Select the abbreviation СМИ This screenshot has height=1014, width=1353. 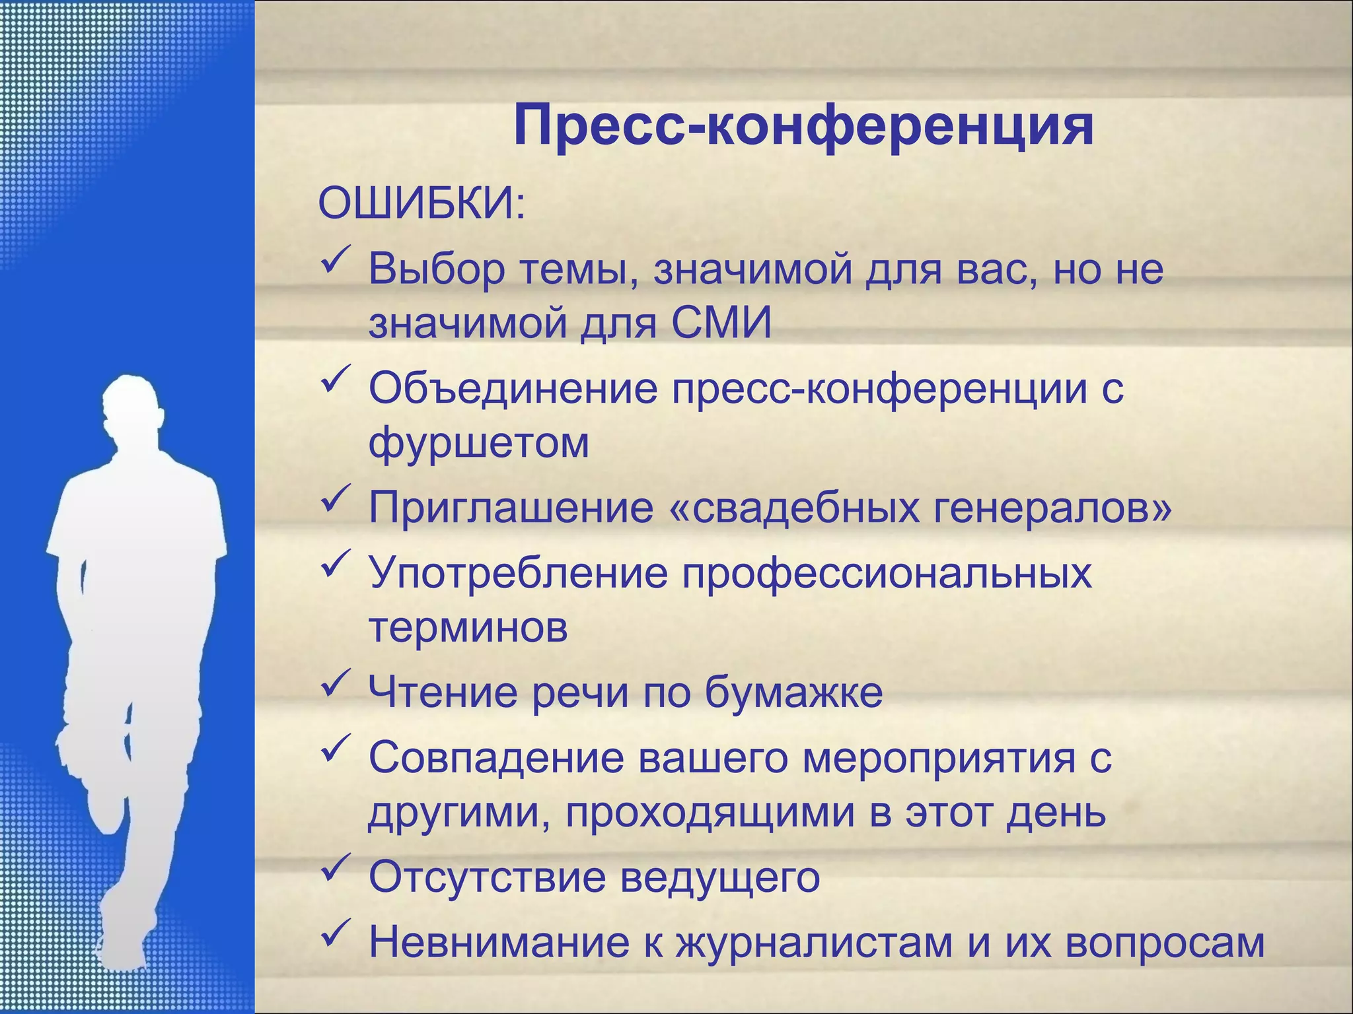click(721, 323)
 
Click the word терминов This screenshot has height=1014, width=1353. click(468, 626)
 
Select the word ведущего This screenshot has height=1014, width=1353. click(721, 877)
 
